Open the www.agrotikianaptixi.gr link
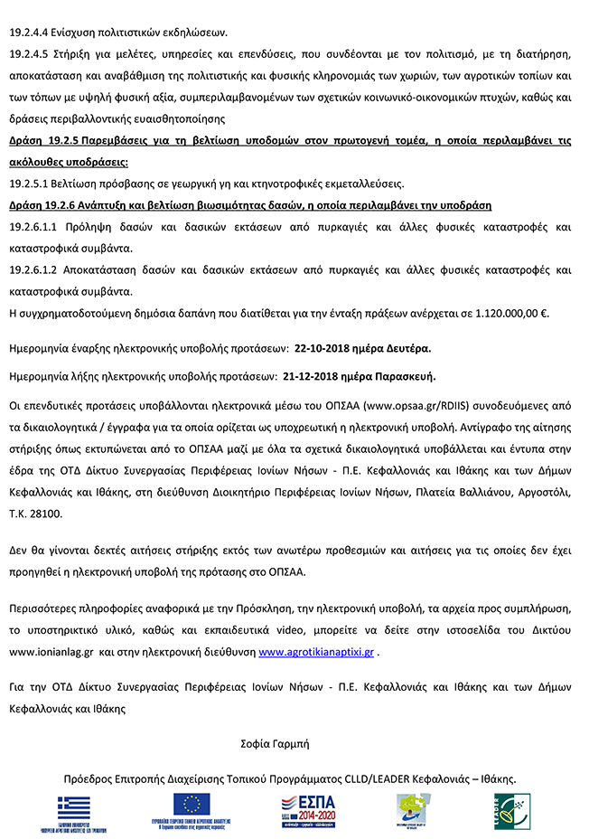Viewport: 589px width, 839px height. tap(315, 651)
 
